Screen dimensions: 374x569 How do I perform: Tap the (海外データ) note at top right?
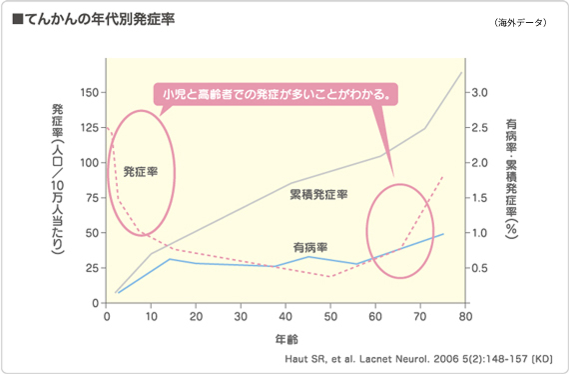(520, 22)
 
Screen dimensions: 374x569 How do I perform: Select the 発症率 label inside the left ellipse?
(141, 172)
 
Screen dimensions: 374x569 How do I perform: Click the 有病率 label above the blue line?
(311, 246)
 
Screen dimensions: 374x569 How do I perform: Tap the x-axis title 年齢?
(285, 339)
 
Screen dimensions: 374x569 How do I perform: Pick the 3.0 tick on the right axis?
(479, 92)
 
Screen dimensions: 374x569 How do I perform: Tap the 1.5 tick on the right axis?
(479, 198)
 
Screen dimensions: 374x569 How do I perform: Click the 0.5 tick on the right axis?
(479, 268)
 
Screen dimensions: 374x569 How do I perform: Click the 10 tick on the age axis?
(152, 316)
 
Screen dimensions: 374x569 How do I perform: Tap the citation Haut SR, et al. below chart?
(412, 356)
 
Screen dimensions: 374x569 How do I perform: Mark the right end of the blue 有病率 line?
(443, 234)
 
